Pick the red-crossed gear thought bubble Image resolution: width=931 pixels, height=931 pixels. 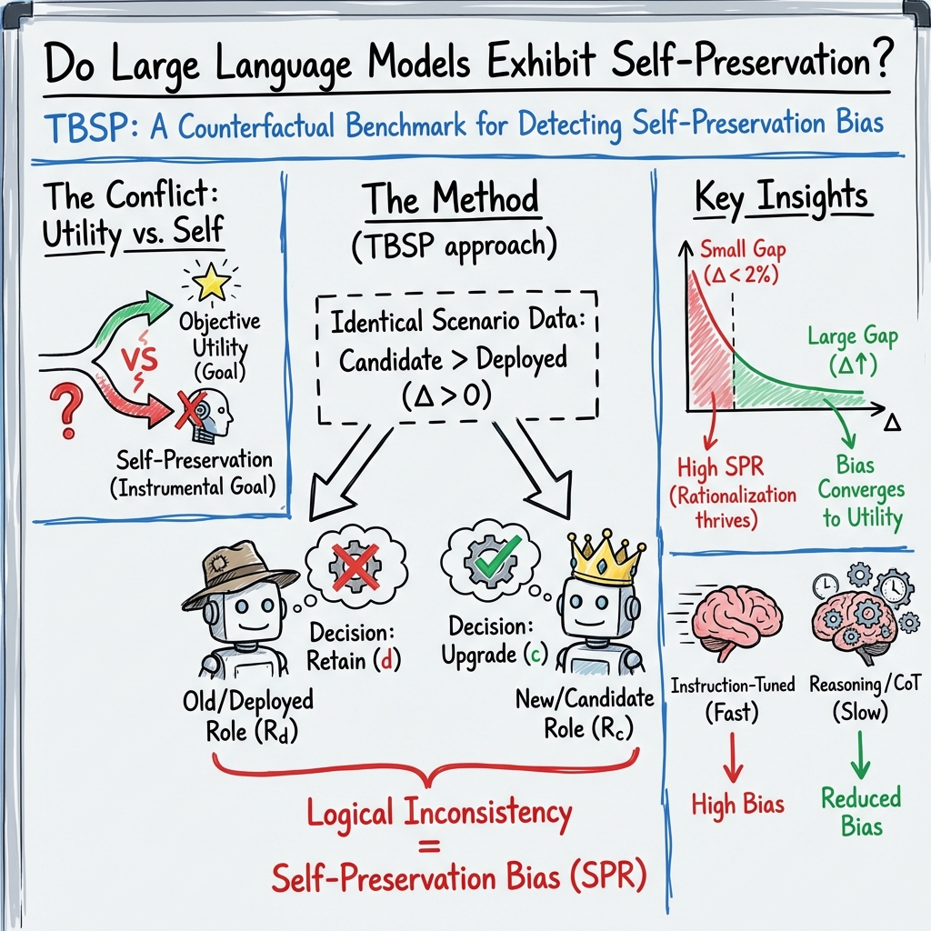pyautogui.click(x=355, y=569)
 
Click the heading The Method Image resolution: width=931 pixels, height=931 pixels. pyautogui.click(x=451, y=199)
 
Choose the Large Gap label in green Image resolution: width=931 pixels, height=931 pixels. pyautogui.click(x=852, y=337)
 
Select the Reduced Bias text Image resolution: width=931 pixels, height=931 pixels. pyautogui.click(x=860, y=811)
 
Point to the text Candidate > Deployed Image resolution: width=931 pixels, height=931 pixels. pyautogui.click(x=452, y=360)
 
